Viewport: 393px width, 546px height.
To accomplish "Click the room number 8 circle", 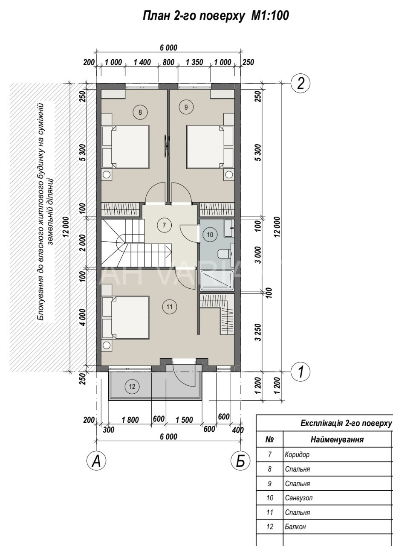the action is [x=140, y=112].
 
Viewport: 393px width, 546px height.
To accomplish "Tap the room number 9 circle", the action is [x=186, y=107].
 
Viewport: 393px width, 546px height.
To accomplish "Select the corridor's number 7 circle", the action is [x=164, y=225].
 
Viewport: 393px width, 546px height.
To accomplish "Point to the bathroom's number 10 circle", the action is [x=210, y=235].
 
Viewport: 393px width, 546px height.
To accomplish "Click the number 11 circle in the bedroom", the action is [x=170, y=307].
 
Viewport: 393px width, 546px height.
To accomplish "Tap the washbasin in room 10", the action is [x=229, y=228].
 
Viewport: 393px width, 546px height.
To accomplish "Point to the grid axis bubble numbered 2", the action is [x=301, y=84].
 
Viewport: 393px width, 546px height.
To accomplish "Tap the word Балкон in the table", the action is [x=295, y=527].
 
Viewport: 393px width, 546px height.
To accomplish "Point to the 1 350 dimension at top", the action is [x=194, y=62].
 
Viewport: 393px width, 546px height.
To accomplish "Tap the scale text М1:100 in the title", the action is [x=270, y=16].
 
